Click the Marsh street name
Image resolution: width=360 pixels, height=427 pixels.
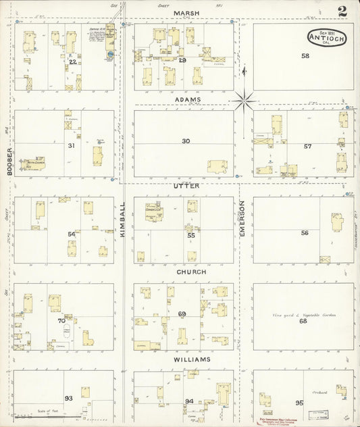tap(184, 13)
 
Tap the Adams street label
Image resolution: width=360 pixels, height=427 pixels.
tap(186, 100)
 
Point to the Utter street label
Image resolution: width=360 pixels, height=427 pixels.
tap(186, 185)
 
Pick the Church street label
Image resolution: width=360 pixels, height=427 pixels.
tap(191, 272)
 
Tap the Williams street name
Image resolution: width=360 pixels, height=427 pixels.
tap(191, 359)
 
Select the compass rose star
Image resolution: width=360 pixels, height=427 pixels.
tap(245, 101)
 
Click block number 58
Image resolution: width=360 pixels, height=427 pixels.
tap(305, 56)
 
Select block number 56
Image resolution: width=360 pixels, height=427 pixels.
tap(305, 232)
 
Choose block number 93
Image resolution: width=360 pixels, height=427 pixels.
tap(68, 398)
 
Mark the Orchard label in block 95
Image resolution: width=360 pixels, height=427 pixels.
tap(320, 392)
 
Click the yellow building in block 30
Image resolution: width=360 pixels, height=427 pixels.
tap(217, 166)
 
